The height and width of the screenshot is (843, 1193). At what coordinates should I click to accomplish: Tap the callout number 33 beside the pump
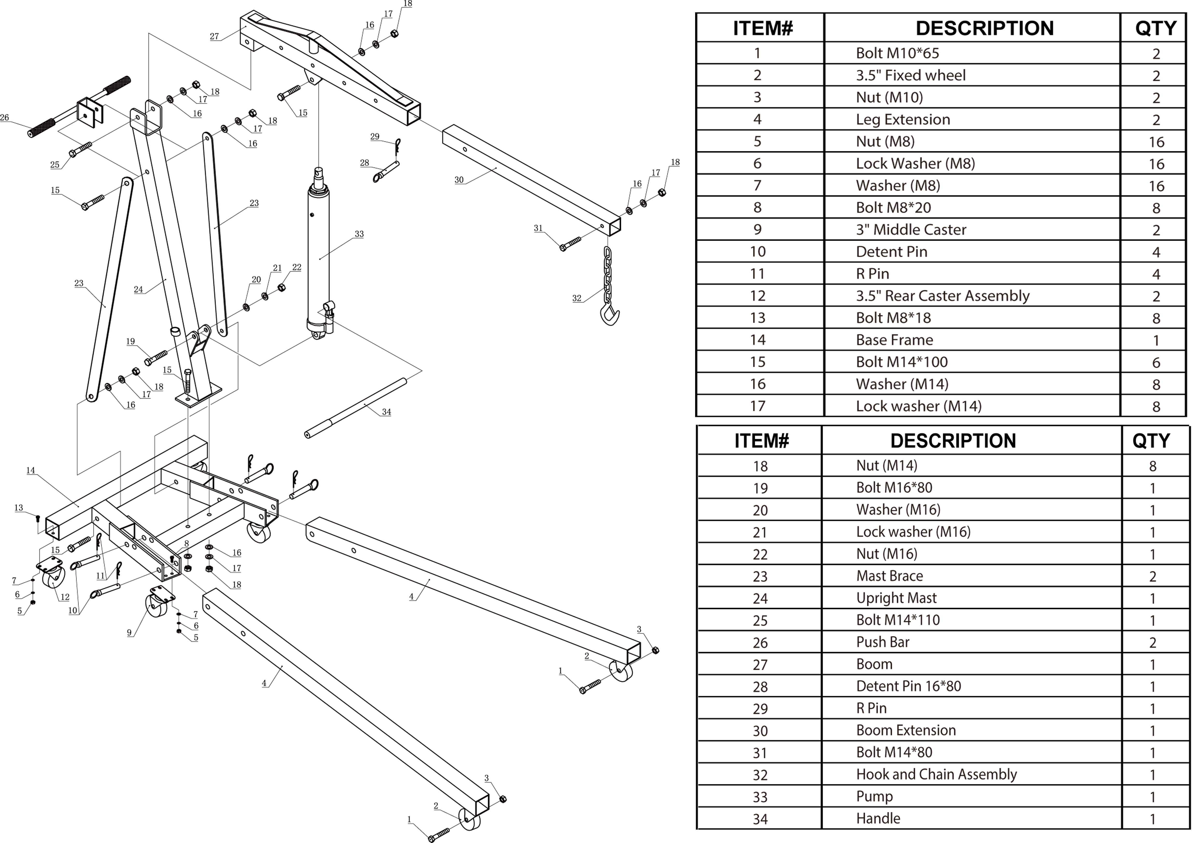click(359, 234)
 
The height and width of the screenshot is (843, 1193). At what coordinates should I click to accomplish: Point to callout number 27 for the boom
click(214, 36)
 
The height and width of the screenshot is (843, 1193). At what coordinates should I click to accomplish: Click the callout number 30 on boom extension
click(459, 180)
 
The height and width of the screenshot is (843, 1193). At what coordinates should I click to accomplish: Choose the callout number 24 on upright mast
click(138, 290)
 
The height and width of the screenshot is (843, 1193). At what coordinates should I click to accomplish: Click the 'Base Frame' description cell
click(894, 340)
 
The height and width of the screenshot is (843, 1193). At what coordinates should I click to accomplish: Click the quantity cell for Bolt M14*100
click(1156, 362)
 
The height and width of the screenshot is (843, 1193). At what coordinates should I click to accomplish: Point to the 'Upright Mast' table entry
click(896, 598)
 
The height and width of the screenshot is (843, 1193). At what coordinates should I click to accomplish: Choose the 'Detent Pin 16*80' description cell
click(908, 686)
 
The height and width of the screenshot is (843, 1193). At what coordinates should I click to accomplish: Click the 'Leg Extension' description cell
click(903, 120)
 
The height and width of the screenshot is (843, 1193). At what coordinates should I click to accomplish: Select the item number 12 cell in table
click(758, 296)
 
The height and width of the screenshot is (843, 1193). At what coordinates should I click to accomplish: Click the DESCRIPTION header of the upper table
click(984, 28)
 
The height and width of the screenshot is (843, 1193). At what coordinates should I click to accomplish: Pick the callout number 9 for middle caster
click(129, 632)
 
